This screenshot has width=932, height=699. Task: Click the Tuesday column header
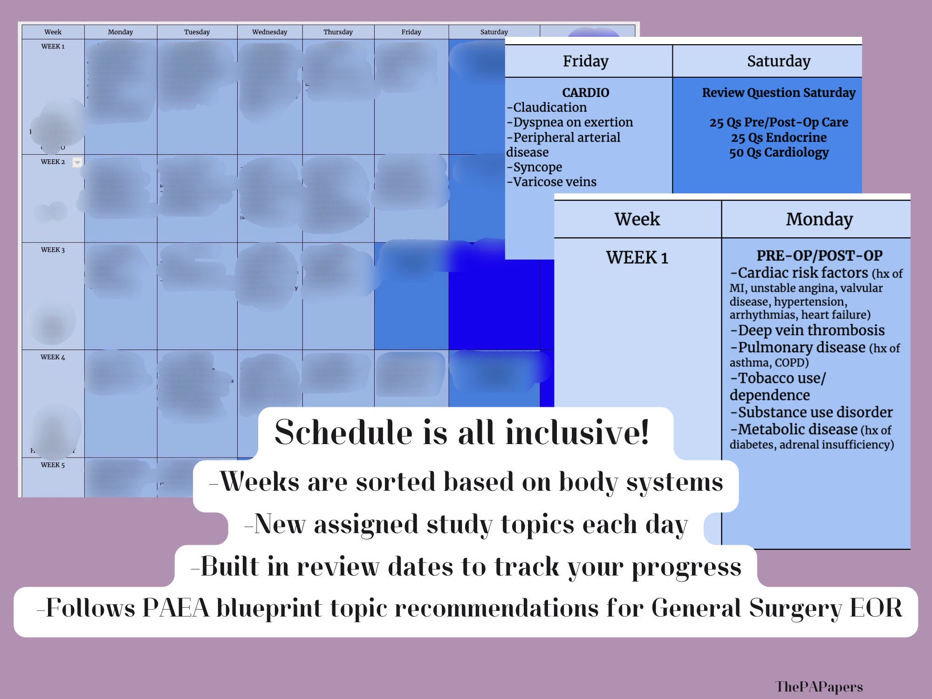click(x=197, y=32)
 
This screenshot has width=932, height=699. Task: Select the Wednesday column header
click(x=269, y=32)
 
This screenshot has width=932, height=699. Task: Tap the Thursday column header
click(x=338, y=32)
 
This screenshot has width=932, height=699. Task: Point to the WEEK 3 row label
click(x=53, y=250)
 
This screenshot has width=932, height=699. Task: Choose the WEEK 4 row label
click(x=53, y=357)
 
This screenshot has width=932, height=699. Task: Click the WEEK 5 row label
click(x=53, y=465)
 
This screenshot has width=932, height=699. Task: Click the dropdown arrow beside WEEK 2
click(x=77, y=162)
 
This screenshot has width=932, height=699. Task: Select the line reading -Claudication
click(x=547, y=107)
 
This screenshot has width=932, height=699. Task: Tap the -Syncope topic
click(x=535, y=167)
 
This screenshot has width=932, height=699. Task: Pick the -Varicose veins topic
click(x=552, y=182)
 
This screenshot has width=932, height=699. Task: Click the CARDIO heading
click(x=585, y=92)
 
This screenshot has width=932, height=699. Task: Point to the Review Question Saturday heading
click(x=779, y=92)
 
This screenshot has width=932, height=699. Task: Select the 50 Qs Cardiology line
click(x=779, y=152)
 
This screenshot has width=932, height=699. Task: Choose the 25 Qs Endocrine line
click(x=779, y=137)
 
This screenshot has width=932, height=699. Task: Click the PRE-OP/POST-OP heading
click(x=819, y=255)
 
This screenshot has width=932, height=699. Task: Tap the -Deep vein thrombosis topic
click(x=808, y=330)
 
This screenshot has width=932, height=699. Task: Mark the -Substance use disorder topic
click(x=811, y=412)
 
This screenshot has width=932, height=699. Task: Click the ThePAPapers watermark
click(x=819, y=686)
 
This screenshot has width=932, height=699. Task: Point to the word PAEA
click(x=176, y=608)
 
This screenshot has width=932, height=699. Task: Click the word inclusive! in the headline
click(x=577, y=432)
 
